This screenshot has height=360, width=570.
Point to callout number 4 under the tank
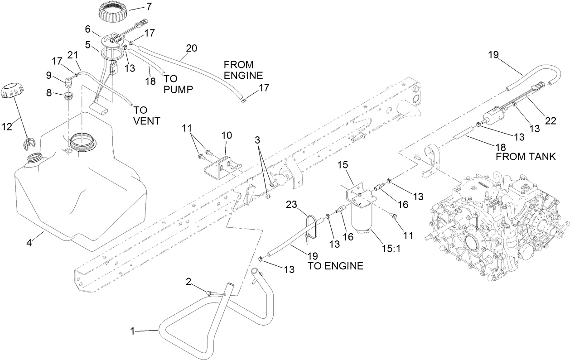click(29, 243)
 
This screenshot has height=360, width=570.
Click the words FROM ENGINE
click(243, 70)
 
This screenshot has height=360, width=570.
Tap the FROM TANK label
click(525, 156)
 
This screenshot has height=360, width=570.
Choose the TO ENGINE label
click(335, 266)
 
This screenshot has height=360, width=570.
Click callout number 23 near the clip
click(291, 205)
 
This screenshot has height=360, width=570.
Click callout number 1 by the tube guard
click(133, 331)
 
